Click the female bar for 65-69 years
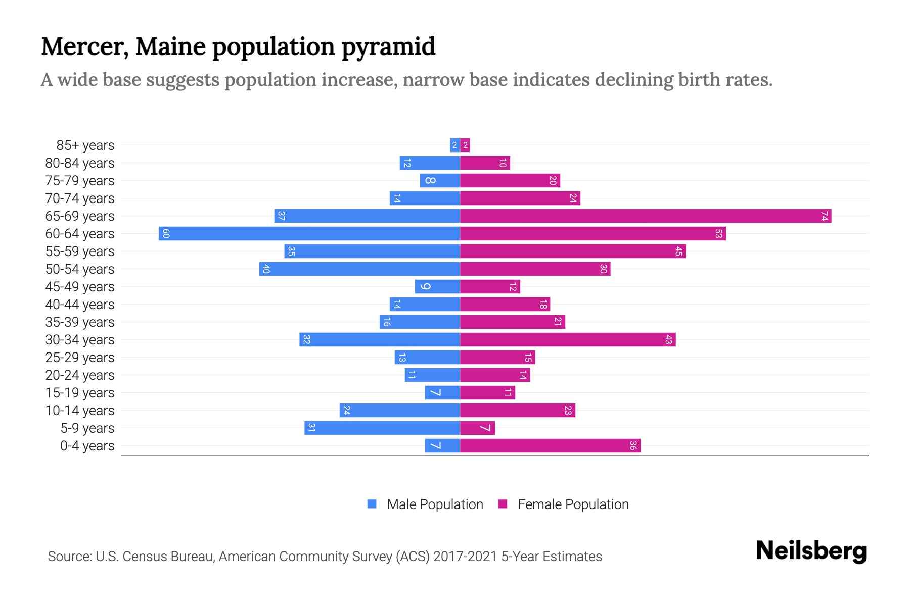(645, 216)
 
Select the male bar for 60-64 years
(309, 234)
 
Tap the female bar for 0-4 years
(550, 446)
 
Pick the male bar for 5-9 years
(382, 428)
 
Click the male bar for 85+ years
(454, 145)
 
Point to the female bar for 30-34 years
(567, 340)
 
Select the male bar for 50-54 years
(359, 269)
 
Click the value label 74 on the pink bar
(824, 216)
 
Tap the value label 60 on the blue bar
(166, 234)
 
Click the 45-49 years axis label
(80, 287)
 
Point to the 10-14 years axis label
(80, 411)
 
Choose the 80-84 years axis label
(80, 163)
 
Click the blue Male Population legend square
(372, 504)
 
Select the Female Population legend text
(573, 504)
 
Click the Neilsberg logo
(811, 551)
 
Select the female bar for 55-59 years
(572, 251)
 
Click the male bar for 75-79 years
(439, 181)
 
